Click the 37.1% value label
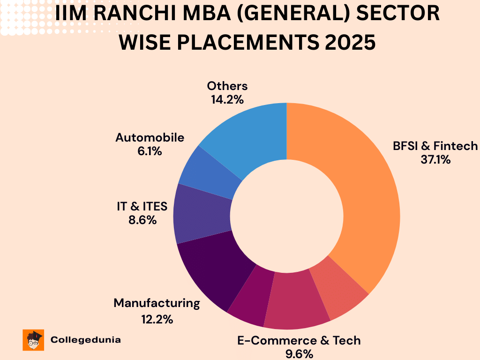pyautogui.click(x=435, y=160)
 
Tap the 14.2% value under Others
pyautogui.click(x=227, y=99)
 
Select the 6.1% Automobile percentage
pyautogui.click(x=150, y=151)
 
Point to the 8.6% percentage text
pyautogui.click(x=142, y=220)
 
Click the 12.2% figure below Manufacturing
pyautogui.click(x=157, y=320)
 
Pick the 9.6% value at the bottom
pyautogui.click(x=299, y=353)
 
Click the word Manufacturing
pyautogui.click(x=157, y=303)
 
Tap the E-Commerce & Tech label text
pyautogui.click(x=299, y=340)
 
